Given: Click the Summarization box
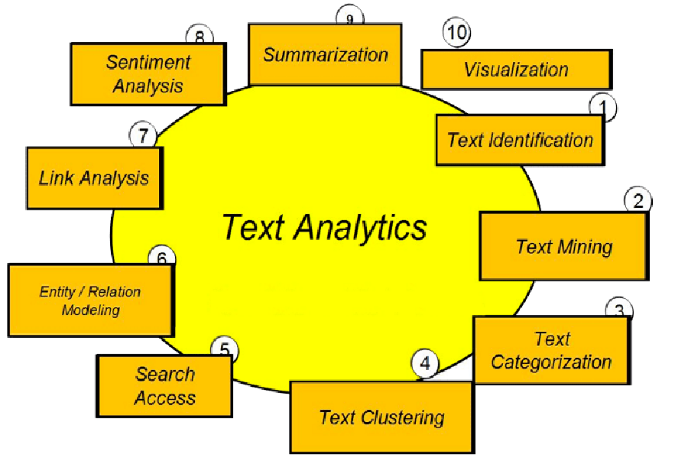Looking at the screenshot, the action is (x=325, y=54).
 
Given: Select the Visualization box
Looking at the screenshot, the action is (x=517, y=70).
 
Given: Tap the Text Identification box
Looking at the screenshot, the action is (x=521, y=141).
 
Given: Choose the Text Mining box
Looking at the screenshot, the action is (x=564, y=246).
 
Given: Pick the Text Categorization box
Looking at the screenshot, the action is (x=552, y=350).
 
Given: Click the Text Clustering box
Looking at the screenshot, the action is (x=382, y=417).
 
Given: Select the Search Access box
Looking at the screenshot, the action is (x=164, y=386).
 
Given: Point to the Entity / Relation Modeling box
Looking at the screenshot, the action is (x=91, y=300).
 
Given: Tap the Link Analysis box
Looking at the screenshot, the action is (x=94, y=178).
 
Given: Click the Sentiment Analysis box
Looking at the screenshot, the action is (x=148, y=74).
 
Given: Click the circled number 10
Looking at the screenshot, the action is (x=457, y=32).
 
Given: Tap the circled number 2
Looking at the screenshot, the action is (x=638, y=200).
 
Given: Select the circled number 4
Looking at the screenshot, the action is (x=425, y=363).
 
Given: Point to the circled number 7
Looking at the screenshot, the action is (x=143, y=135).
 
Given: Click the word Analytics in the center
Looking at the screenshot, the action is (x=360, y=228).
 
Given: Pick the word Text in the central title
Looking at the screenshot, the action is (x=254, y=227).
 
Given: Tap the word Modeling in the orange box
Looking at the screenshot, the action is (x=91, y=310).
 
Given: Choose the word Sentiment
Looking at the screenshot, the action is (x=148, y=62).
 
